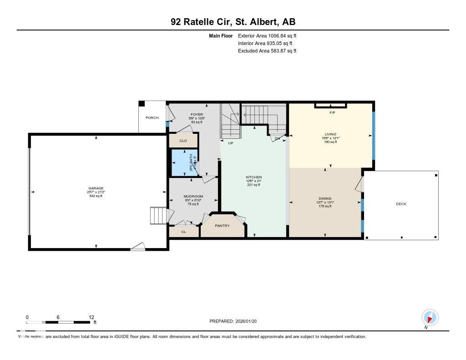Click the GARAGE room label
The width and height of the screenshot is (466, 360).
coord(96,188)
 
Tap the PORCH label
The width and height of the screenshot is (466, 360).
coord(152,118)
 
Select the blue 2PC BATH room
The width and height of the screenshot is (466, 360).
coord(184,162)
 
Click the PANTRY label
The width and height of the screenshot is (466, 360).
coord(223,226)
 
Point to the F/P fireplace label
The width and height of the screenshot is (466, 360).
coord(332,112)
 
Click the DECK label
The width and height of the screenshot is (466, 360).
coord(401,204)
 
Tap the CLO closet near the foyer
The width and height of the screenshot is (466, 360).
coord(183,141)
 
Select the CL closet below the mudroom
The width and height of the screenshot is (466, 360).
coord(184,232)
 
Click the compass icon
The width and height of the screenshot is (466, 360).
coord(430,317)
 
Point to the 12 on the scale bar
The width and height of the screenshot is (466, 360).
coord(91,317)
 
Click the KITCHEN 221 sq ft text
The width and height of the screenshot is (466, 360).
coord(253,185)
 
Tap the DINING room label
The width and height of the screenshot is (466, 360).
coord(325,198)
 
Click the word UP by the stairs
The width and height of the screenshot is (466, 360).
coord(230,143)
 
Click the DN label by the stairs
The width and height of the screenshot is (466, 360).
coord(278,138)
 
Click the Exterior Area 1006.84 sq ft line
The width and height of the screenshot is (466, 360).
coord(267,35)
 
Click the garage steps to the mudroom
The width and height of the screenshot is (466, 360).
coord(159,215)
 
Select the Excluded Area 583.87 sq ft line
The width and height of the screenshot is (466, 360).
coord(267,51)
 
